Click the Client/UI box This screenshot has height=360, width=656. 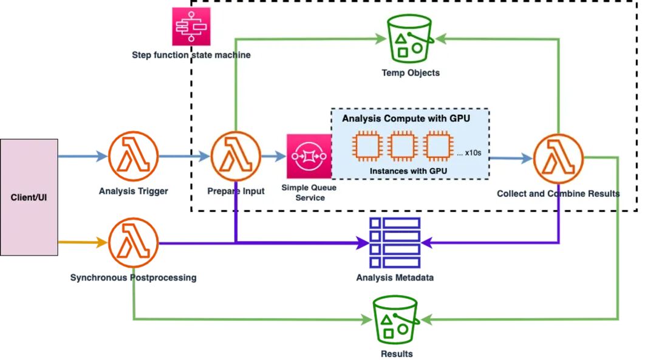[29, 197]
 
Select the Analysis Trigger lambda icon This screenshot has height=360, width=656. [134, 157]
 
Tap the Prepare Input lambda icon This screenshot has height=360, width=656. [236, 157]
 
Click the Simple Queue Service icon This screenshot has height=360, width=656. [309, 157]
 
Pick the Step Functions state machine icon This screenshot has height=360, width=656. [191, 26]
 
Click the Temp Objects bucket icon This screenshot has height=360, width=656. [410, 39]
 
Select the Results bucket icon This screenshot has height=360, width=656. [395, 320]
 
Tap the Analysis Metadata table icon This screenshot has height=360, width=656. [395, 242]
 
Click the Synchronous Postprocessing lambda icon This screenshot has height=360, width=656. [134, 242]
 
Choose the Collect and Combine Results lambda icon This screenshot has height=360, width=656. [559, 158]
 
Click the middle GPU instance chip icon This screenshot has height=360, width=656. [402, 146]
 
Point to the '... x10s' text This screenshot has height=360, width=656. [469, 153]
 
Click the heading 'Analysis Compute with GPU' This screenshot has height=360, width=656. [406, 118]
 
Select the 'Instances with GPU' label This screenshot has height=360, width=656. [408, 171]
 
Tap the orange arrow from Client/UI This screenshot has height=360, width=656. [83, 242]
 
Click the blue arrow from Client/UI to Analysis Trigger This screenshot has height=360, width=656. [83, 157]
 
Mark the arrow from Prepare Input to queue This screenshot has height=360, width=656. [273, 157]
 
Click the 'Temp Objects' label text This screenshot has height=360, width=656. [411, 73]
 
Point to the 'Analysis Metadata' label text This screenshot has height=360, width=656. [395, 277]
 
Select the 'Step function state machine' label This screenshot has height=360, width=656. [191, 55]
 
